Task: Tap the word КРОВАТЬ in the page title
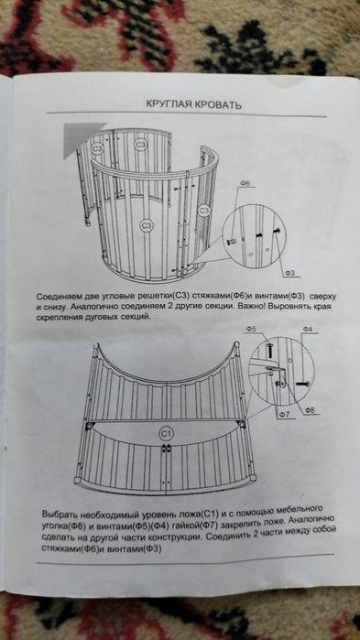[x=216, y=104]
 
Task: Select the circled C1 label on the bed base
[x=167, y=431]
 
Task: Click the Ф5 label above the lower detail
[x=251, y=329]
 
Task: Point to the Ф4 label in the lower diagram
[x=308, y=328]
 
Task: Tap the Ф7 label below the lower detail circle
[x=285, y=415]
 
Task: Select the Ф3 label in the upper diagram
[x=288, y=273]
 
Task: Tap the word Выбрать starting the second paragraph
[x=65, y=508]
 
